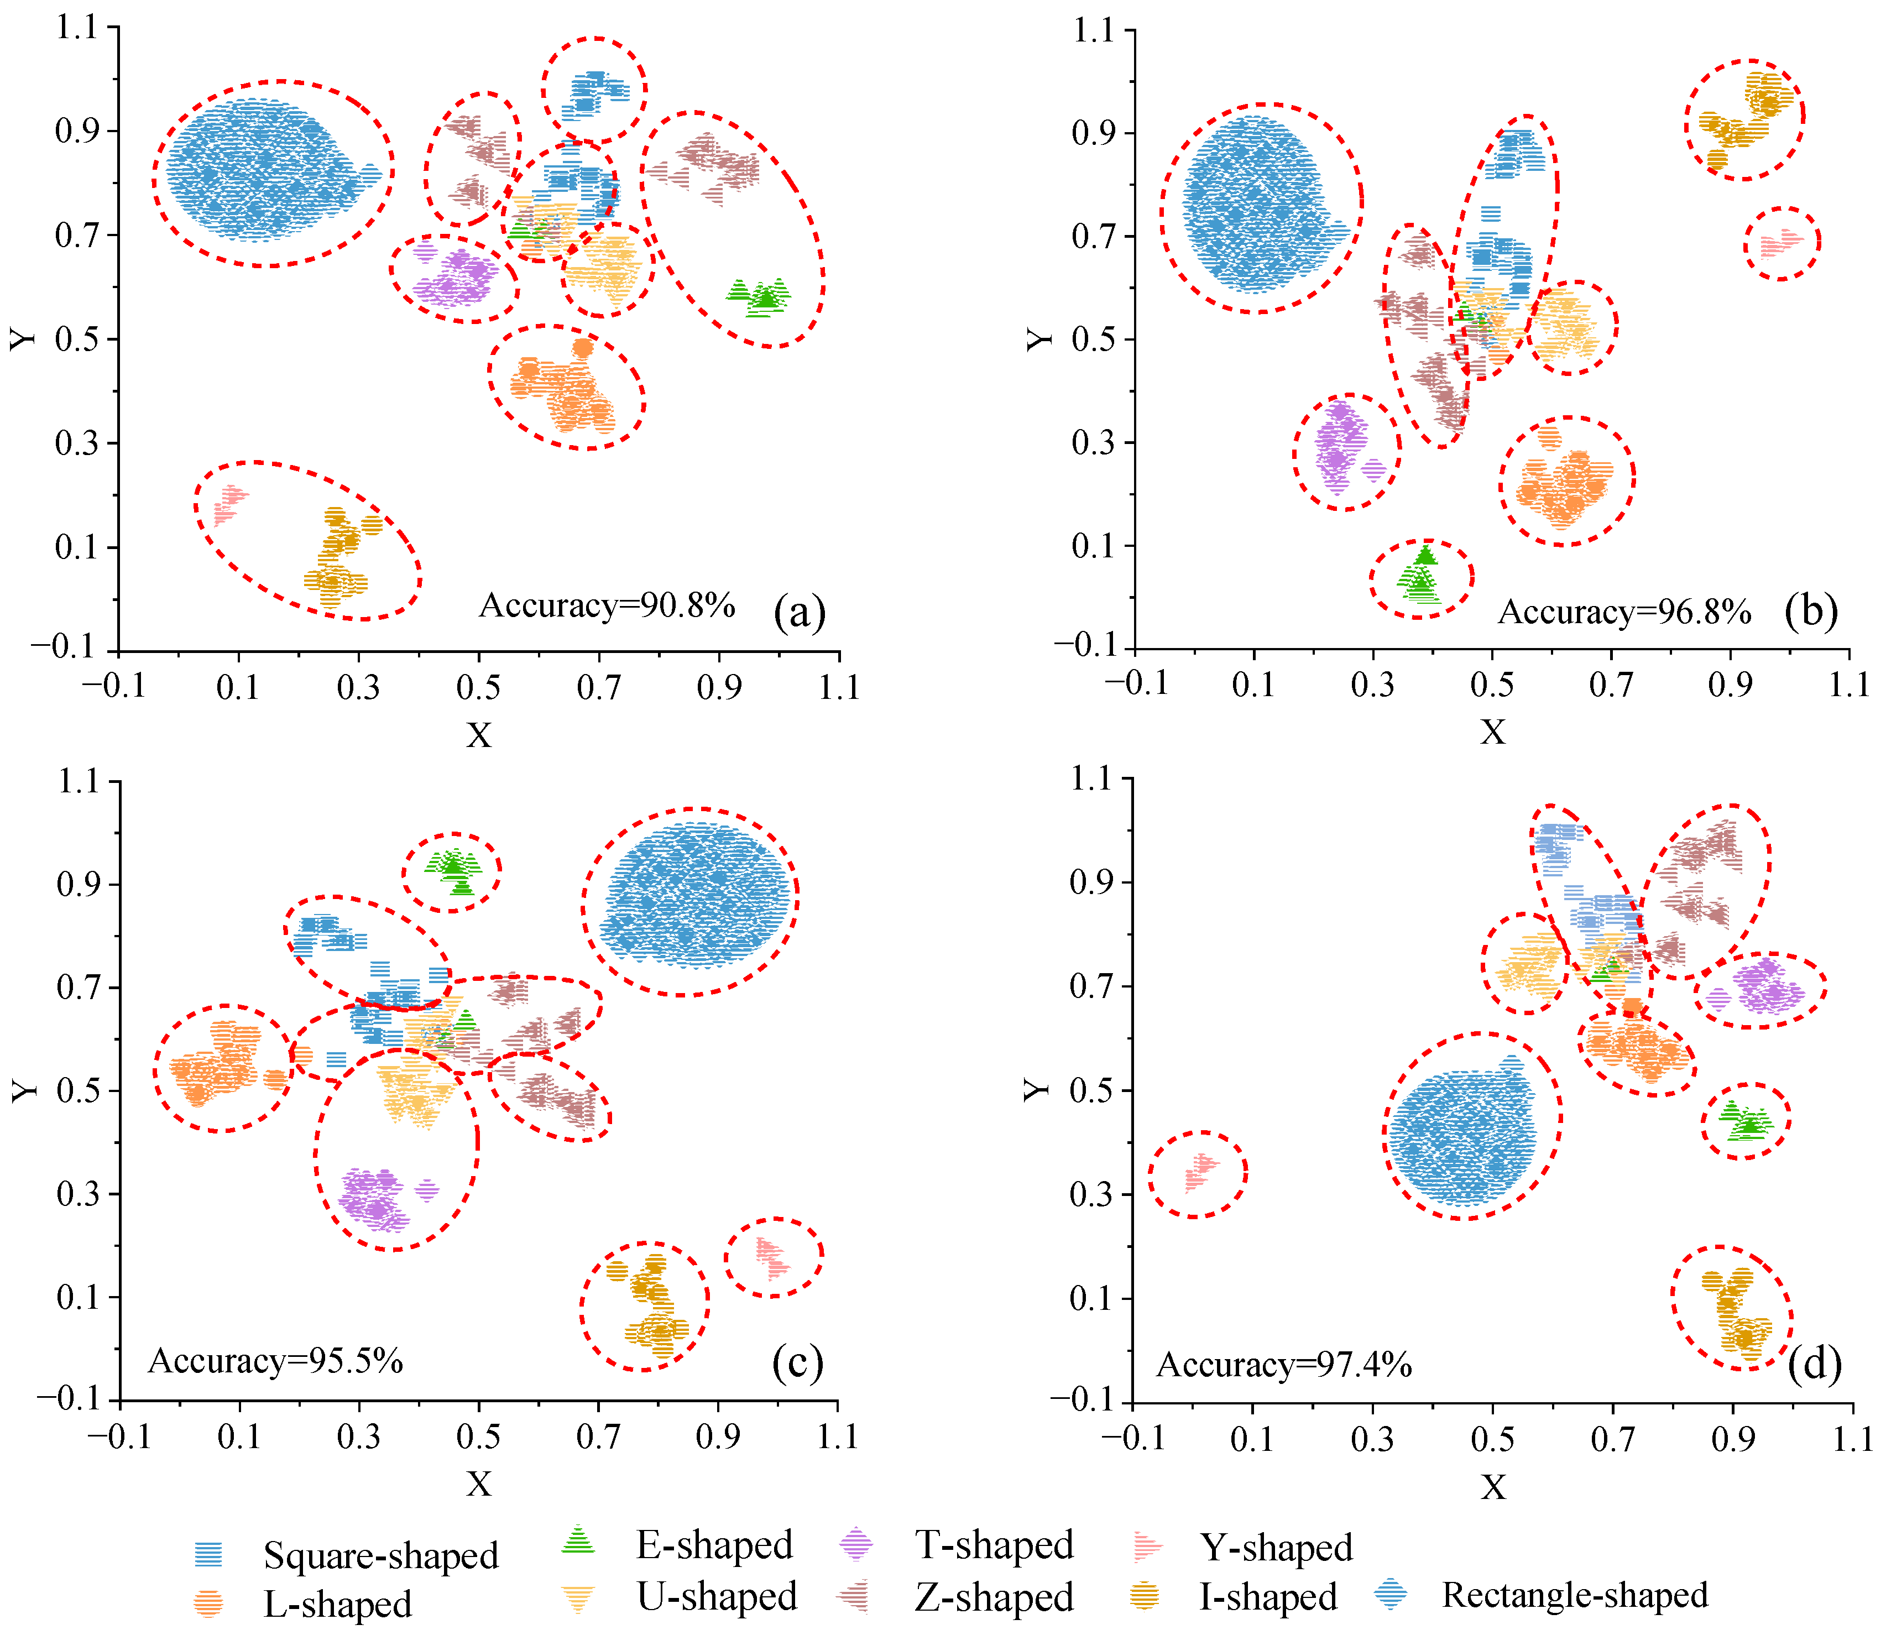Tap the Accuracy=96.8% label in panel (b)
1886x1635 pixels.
1624,612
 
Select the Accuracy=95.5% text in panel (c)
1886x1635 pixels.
275,1361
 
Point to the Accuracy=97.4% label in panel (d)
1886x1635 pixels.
1284,1365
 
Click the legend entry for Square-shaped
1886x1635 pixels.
380,1555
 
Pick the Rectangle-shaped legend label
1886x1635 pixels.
1574,1595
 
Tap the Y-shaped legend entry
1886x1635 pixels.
1276,1548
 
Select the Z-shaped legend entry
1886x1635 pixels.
994,1597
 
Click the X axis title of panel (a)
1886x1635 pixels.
479,734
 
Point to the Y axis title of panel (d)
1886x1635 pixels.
1037,1089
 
